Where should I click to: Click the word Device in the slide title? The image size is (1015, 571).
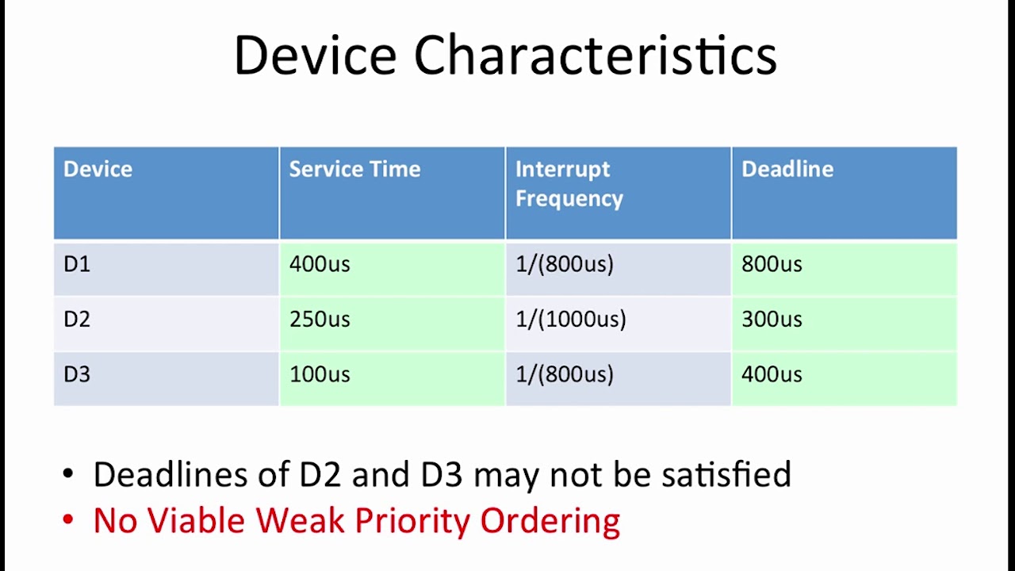click(x=314, y=56)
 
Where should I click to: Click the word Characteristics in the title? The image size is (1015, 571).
click(x=595, y=56)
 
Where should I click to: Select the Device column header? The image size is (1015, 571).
click(x=98, y=169)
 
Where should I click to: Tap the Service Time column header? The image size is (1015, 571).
click(x=354, y=169)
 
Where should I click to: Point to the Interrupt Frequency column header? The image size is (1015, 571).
click(x=569, y=183)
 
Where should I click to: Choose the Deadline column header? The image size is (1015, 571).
click(x=787, y=169)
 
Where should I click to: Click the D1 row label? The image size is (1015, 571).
click(x=77, y=264)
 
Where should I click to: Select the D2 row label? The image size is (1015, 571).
click(x=77, y=319)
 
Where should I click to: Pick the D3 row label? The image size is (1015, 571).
click(x=77, y=374)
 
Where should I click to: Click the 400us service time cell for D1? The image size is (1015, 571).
click(x=320, y=264)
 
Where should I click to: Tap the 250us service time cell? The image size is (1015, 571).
click(x=320, y=319)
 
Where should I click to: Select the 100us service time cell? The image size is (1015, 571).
click(x=320, y=374)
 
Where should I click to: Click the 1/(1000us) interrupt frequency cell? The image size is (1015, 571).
click(x=570, y=319)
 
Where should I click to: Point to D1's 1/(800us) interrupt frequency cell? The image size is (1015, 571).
click(x=564, y=264)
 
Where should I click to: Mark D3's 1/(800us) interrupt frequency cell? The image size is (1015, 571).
click(x=564, y=374)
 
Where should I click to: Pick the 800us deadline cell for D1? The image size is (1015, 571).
click(x=771, y=264)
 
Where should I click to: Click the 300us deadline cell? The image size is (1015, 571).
click(x=771, y=319)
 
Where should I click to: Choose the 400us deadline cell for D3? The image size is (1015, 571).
click(x=771, y=374)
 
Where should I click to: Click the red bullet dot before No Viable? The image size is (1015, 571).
click(x=68, y=521)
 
